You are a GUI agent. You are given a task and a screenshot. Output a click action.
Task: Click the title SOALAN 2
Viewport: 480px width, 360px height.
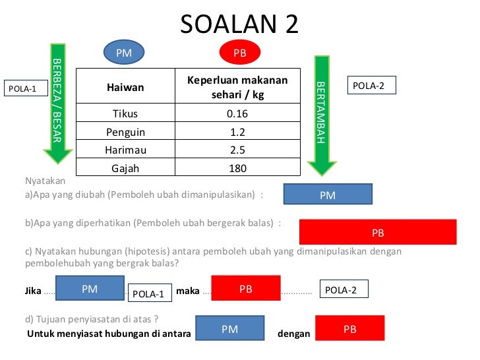tap(239, 24)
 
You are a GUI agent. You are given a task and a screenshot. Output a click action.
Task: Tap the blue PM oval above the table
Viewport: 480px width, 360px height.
tap(124, 53)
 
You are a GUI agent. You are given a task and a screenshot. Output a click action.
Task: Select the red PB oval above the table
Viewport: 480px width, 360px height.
tap(239, 53)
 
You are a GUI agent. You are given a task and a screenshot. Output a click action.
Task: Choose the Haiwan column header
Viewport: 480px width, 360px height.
tap(125, 87)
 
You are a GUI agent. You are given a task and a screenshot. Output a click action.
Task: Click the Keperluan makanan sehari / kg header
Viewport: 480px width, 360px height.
tap(237, 87)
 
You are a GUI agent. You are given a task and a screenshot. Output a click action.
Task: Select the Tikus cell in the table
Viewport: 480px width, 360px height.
tap(125, 113)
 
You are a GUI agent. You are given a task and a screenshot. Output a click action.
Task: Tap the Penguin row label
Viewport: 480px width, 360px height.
tap(125, 131)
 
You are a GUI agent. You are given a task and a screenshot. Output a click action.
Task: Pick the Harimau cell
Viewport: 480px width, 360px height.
tap(125, 150)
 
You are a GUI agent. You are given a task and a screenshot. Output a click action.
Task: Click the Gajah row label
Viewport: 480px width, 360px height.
tap(125, 168)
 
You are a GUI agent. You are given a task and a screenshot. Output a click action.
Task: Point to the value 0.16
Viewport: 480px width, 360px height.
tap(237, 113)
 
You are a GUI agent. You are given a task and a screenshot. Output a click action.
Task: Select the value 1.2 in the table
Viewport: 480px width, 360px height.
tap(237, 131)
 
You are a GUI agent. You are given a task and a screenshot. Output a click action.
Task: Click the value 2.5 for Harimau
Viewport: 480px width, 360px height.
tap(237, 150)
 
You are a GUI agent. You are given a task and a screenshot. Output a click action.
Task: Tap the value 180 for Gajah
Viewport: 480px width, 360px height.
tap(237, 168)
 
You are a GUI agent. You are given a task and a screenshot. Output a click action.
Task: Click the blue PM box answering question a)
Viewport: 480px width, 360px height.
tap(328, 195)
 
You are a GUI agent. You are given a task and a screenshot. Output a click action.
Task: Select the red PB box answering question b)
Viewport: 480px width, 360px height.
tap(378, 232)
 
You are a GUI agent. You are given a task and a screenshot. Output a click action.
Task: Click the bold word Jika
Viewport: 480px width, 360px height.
tap(32, 290)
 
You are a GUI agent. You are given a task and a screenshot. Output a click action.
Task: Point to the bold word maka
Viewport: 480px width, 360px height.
tap(188, 290)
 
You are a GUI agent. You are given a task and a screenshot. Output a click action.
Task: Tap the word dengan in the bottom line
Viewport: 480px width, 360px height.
tap(293, 334)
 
